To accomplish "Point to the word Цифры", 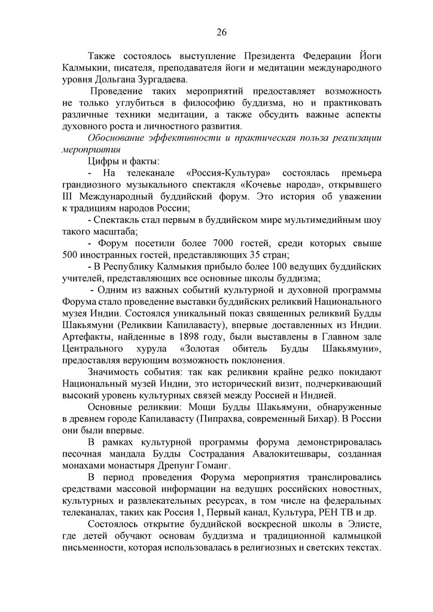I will [x=101, y=161].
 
